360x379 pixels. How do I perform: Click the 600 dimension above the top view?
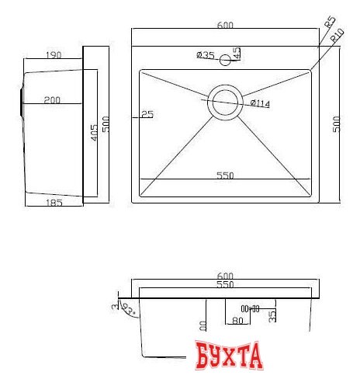pos(226,26)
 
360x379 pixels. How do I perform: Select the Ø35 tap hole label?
pos(206,54)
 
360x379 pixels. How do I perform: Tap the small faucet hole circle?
pos(225,59)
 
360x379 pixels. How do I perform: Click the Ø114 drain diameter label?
pos(260,103)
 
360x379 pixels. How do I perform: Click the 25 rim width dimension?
pos(147,114)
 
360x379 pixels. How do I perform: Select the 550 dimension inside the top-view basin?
pos(225,176)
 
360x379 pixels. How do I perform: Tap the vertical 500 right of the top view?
pos(337,125)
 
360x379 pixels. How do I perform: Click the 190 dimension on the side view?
pos(54,55)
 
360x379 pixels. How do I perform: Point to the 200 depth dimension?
pos(52,99)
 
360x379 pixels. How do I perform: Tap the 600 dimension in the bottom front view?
pos(226,276)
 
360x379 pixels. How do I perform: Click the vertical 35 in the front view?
pos(272,315)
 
